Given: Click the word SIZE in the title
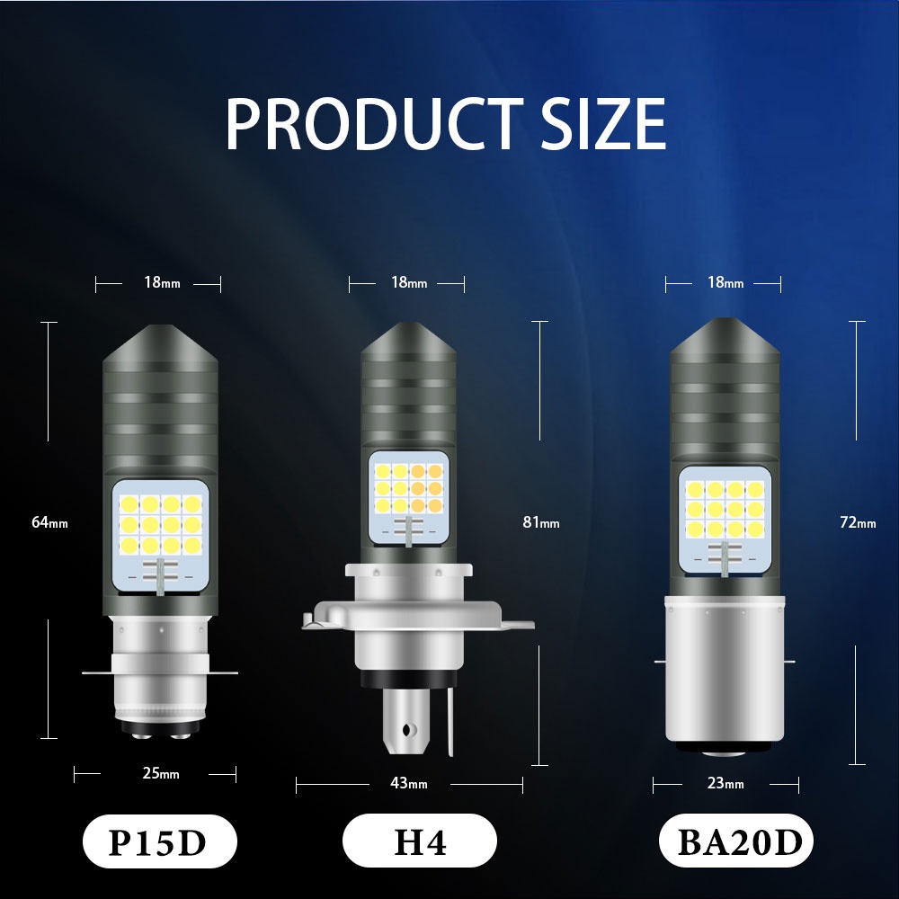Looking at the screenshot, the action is (603, 124).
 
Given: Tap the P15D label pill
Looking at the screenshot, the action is (159, 841).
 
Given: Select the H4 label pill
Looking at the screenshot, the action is (419, 841).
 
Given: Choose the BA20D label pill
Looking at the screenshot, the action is (736, 841).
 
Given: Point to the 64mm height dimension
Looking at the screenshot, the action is (49, 522).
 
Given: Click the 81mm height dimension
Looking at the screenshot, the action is (540, 522).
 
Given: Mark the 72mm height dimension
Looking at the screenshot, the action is (858, 522).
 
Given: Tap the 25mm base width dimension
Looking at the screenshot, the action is (161, 773).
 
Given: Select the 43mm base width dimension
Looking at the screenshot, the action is (409, 783).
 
